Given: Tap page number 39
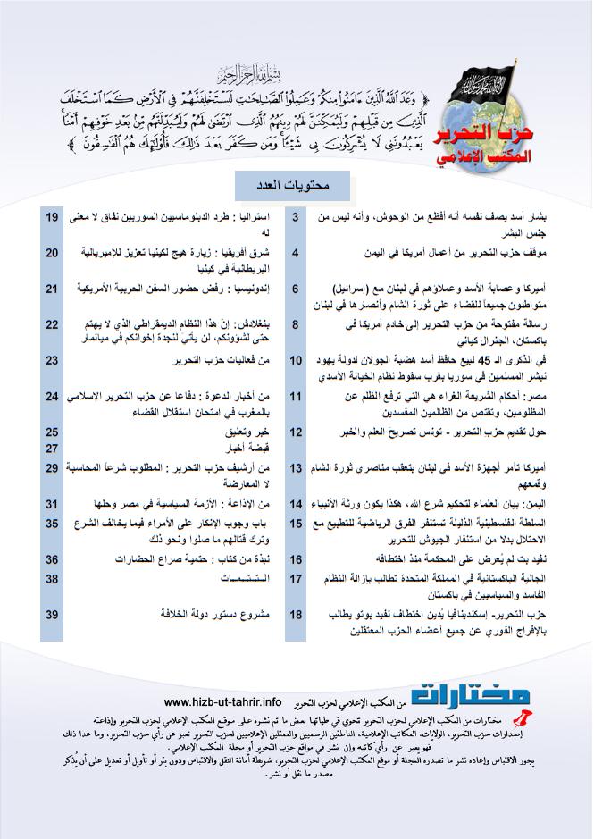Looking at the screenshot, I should pos(52,615).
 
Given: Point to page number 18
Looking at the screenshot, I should pos(297,615).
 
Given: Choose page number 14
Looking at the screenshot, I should pos(297,504).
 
